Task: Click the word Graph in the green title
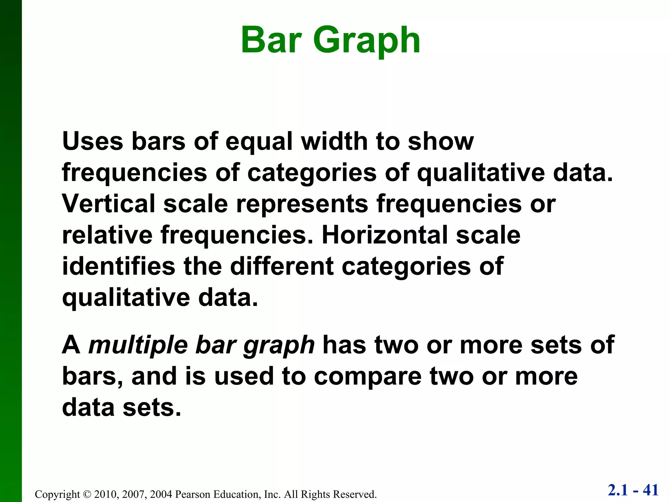[366, 41]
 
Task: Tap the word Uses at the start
[93, 141]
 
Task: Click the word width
[334, 141]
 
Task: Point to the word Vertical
[108, 204]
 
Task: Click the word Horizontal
[385, 235]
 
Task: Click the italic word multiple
[138, 346]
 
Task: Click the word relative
[107, 235]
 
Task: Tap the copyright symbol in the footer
[86, 494]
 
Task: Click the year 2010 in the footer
[104, 494]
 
